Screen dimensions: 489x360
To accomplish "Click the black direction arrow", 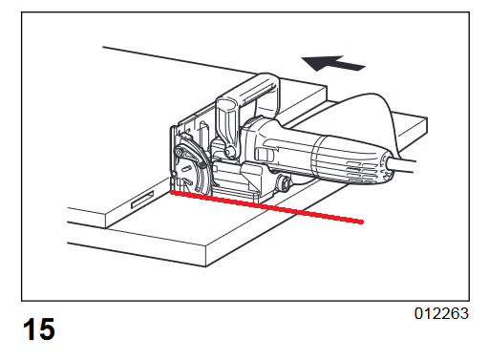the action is [332, 63].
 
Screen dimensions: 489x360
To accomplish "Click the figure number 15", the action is [39, 329].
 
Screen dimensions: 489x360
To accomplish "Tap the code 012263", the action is [441, 314].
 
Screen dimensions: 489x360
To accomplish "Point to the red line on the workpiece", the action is [266, 207].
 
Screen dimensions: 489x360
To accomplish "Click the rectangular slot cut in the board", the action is [142, 200].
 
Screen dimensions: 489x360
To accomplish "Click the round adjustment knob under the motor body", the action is [284, 183].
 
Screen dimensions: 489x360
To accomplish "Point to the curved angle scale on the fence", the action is [190, 152].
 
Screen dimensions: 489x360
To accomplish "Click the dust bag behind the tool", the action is [366, 117].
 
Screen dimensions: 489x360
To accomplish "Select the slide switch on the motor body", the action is [264, 155].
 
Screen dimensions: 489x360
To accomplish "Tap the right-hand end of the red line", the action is [361, 222].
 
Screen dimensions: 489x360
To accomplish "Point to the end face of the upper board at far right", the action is [411, 132].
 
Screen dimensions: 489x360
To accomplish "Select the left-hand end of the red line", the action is [172, 192].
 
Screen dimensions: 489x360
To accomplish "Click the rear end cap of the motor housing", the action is [388, 167].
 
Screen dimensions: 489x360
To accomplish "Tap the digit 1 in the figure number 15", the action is [30, 329].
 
